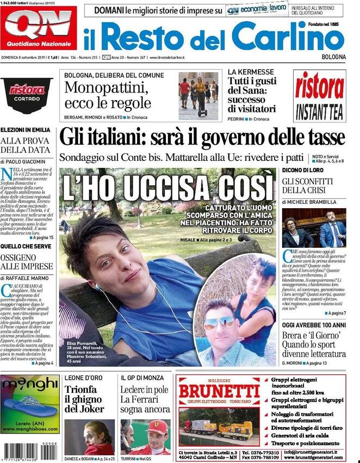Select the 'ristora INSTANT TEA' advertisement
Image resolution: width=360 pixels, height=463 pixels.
tap(319, 96)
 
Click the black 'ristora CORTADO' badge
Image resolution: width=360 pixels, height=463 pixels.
tap(26, 94)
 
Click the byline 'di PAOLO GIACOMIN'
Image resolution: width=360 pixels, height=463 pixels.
tap(24, 161)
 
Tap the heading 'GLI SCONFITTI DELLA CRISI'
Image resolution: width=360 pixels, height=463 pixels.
tap(307, 185)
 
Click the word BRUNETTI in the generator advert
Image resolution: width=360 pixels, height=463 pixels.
tap(219, 391)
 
